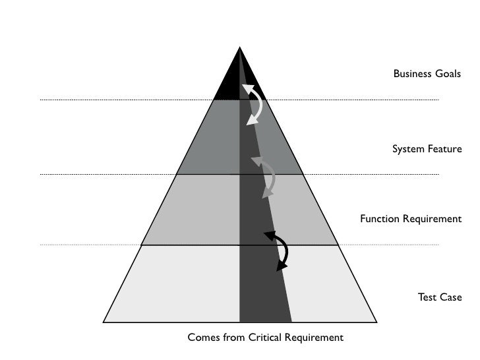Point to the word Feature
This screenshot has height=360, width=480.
[444, 150]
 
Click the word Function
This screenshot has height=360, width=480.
[379, 218]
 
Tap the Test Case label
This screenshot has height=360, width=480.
[440, 297]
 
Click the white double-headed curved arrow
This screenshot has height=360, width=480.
[253, 104]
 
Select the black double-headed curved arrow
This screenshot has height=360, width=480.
[280, 251]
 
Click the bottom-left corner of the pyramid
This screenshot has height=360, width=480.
[104, 322]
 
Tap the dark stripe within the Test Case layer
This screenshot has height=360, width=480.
[262, 284]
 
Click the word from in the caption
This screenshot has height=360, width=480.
[233, 338]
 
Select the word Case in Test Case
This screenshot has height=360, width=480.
[451, 297]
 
